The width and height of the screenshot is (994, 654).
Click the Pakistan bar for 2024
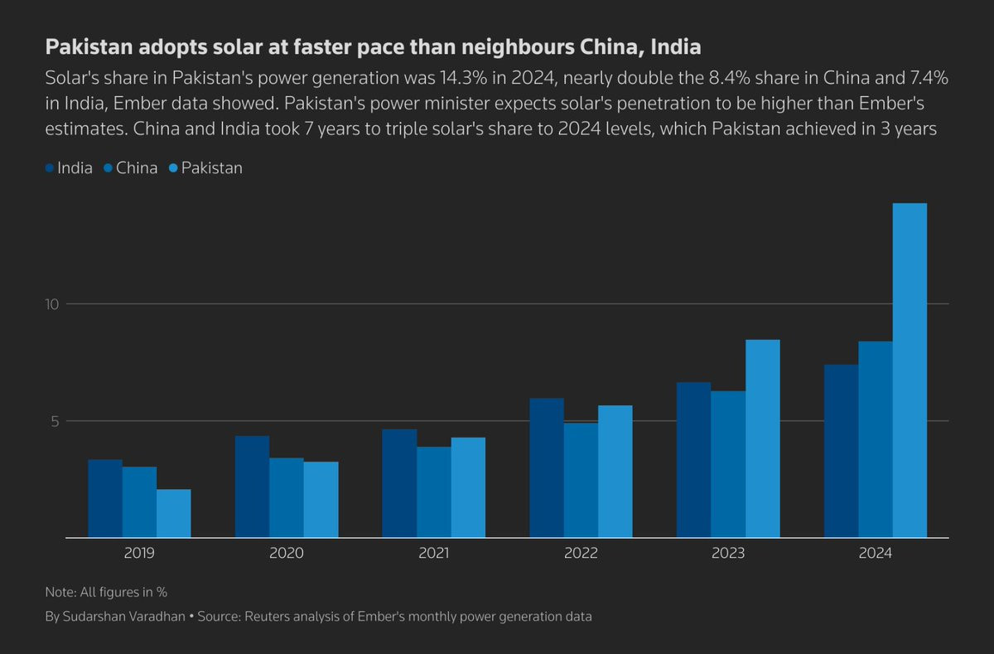[910, 371]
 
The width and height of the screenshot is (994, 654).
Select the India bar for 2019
[105, 498]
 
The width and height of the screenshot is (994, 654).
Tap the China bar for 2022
[581, 480]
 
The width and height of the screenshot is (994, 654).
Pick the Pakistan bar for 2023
[762, 438]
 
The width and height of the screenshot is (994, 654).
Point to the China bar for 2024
[876, 439]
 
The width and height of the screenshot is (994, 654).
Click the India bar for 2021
[399, 483]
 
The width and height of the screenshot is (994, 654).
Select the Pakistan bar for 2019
[174, 513]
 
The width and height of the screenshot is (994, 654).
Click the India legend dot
[50, 168]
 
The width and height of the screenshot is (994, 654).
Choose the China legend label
[137, 168]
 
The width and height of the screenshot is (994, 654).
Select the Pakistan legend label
[212, 168]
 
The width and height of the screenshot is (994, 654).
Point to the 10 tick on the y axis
[53, 304]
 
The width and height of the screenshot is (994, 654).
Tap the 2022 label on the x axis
[581, 552]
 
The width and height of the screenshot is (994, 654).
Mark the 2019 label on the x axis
[139, 552]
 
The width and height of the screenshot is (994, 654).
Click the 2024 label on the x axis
[875, 552]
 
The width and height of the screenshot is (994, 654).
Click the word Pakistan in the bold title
[90, 47]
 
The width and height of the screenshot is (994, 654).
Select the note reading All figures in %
[106, 592]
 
